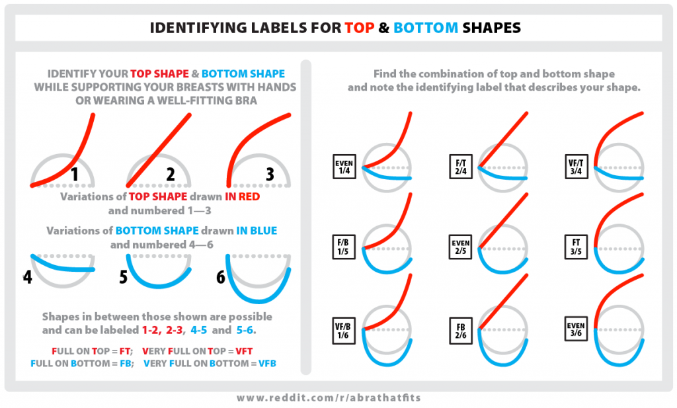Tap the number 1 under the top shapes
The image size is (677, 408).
pyautogui.click(x=75, y=175)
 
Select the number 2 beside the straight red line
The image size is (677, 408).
pyautogui.click(x=171, y=175)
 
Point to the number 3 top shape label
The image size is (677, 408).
pyautogui.click(x=270, y=175)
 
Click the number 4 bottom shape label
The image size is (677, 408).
pyautogui.click(x=27, y=276)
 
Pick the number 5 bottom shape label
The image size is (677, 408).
pyautogui.click(x=124, y=276)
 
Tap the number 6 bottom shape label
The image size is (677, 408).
pyautogui.click(x=221, y=276)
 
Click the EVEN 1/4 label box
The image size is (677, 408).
pyautogui.click(x=344, y=166)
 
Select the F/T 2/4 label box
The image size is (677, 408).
pyautogui.click(x=461, y=166)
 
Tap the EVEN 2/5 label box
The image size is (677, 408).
pyautogui.click(x=461, y=247)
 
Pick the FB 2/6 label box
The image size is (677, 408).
pyautogui.click(x=461, y=327)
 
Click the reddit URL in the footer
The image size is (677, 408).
pyautogui.click(x=338, y=398)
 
